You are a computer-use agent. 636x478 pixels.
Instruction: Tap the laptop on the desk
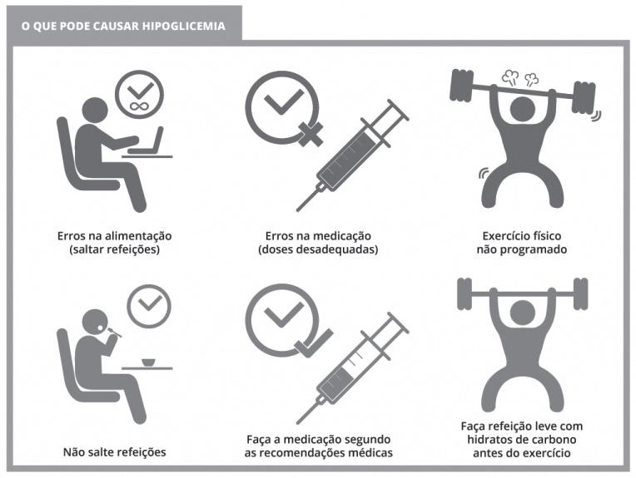click(148, 141)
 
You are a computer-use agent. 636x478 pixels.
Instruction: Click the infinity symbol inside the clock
click(139, 107)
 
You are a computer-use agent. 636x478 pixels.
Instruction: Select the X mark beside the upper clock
click(311, 134)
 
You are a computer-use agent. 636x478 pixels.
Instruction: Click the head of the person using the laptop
click(95, 111)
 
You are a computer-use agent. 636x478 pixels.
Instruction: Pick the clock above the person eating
click(149, 306)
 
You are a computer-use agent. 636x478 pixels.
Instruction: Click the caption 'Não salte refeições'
click(115, 452)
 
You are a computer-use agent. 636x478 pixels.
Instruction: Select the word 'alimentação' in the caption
click(138, 236)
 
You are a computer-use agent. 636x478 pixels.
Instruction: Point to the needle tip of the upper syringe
click(298, 209)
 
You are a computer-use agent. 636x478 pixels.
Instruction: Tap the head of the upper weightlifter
click(523, 109)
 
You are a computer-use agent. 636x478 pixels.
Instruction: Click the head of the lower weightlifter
click(523, 313)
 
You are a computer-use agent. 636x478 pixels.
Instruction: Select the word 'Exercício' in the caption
click(501, 236)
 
